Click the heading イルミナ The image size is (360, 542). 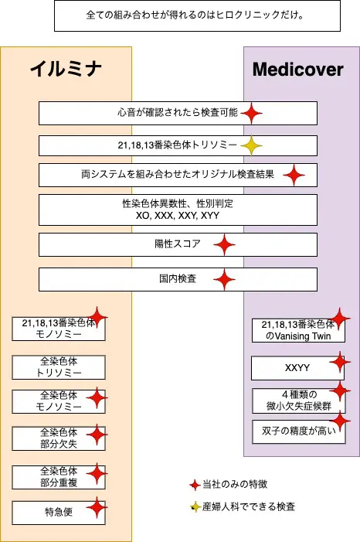click(66, 70)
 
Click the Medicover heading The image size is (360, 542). click(298, 70)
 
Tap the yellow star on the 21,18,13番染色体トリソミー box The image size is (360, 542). click(250, 145)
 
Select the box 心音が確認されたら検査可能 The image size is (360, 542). click(178, 114)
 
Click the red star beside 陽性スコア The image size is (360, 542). click(224, 245)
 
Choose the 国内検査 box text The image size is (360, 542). click(177, 279)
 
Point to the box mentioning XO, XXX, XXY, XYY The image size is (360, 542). click(178, 210)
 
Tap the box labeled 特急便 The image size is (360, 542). click(59, 512)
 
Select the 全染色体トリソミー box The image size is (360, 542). click(59, 366)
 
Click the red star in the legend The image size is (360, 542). click(195, 485)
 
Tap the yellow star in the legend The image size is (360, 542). click(195, 507)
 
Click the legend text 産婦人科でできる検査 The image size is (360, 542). click(248, 507)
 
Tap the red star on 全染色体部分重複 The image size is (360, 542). click(97, 473)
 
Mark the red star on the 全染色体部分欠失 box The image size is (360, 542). click(97, 436)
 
